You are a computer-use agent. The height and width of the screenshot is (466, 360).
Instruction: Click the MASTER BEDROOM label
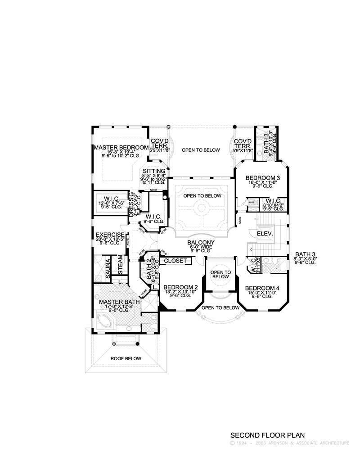click(121, 148)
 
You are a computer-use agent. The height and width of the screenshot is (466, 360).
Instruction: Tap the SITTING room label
click(153, 172)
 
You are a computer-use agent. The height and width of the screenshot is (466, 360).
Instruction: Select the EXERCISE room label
click(110, 235)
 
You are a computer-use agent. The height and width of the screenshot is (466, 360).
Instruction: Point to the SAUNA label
click(108, 268)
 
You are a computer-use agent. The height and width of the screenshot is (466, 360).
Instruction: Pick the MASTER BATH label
click(119, 302)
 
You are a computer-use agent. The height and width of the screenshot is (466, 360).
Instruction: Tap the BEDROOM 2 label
click(181, 287)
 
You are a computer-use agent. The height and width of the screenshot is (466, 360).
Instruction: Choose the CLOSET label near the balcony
click(175, 261)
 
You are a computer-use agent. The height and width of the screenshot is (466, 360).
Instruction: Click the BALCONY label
click(201, 243)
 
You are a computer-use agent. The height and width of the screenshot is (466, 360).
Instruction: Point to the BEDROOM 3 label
click(263, 178)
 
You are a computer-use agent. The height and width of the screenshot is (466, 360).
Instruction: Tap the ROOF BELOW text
click(126, 358)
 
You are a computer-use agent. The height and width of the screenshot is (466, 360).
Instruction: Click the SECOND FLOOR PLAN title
click(267, 435)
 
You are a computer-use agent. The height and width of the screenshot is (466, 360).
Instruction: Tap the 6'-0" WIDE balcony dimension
click(201, 247)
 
